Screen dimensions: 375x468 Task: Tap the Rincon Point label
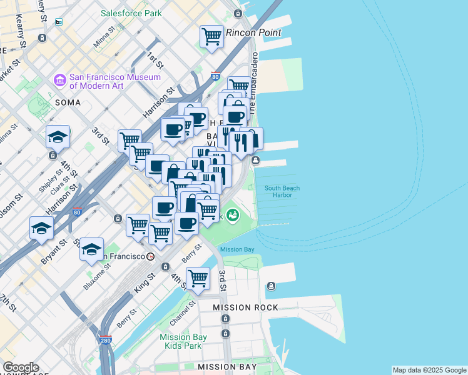coord(253,32)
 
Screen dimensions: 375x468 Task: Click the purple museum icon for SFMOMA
coord(60,80)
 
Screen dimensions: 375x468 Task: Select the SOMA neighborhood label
coord(68,102)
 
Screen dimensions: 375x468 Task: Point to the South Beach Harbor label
coord(282,191)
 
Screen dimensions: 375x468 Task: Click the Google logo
coord(20,367)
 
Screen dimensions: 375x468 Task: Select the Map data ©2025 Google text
coord(429,370)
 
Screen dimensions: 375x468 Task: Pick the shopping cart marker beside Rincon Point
coord(211,36)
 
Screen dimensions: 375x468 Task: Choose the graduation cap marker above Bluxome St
coord(91,249)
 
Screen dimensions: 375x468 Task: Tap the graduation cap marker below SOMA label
coord(58,136)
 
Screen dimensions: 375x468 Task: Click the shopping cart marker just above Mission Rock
coord(198,278)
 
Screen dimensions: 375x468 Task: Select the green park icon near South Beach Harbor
coord(233,215)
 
